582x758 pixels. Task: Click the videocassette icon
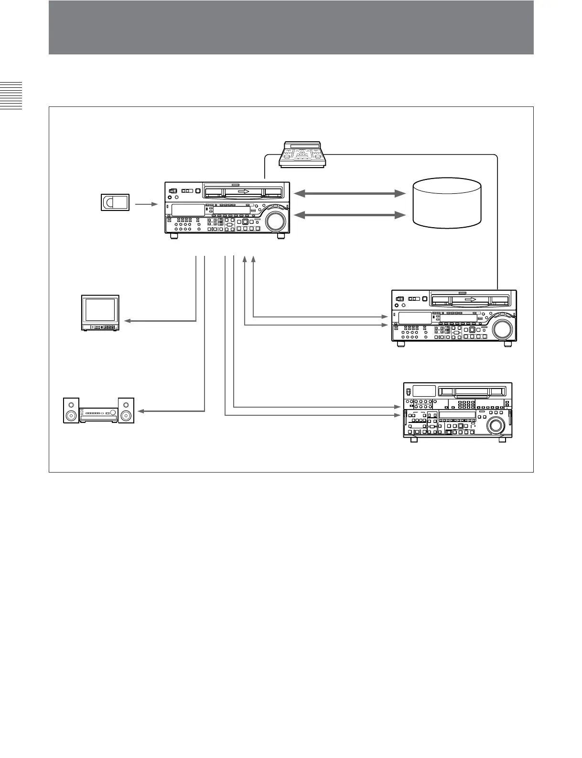115,202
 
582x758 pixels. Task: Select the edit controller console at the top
302,154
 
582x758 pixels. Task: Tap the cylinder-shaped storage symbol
447,203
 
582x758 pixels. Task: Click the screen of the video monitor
100,310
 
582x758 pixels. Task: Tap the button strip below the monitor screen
100,327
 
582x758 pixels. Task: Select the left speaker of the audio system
71,411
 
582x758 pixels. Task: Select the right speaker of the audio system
126,411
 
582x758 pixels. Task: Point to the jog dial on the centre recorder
276,221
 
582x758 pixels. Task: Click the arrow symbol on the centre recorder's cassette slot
243,192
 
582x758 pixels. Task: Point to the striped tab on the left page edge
11,95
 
